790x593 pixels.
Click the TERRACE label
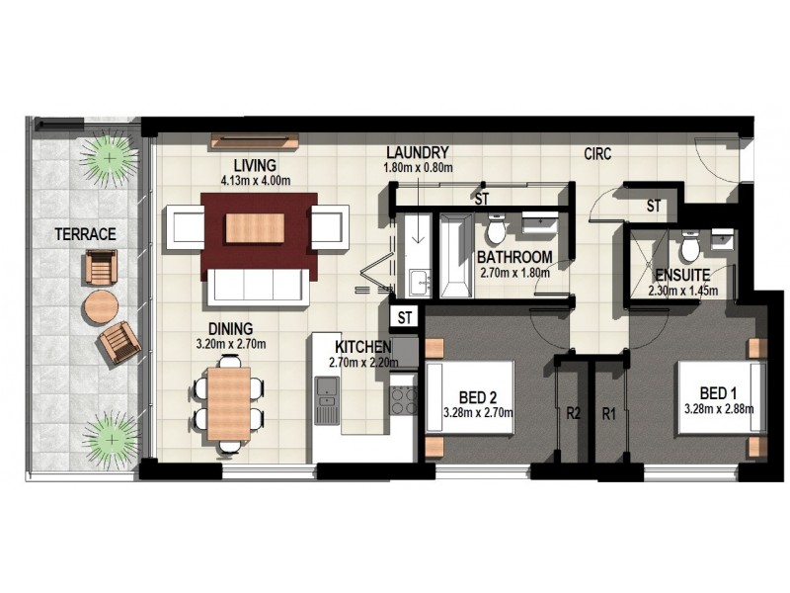[x=86, y=234]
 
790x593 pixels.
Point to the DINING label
[x=230, y=328]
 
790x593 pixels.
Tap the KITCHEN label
[x=362, y=348]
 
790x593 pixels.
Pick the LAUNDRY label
[x=418, y=153]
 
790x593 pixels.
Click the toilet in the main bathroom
[x=496, y=229]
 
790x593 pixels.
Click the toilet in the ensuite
[x=690, y=241]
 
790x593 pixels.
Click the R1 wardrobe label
[x=609, y=415]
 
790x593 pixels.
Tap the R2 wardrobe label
[x=574, y=415]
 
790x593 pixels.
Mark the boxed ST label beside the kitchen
[x=404, y=317]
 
